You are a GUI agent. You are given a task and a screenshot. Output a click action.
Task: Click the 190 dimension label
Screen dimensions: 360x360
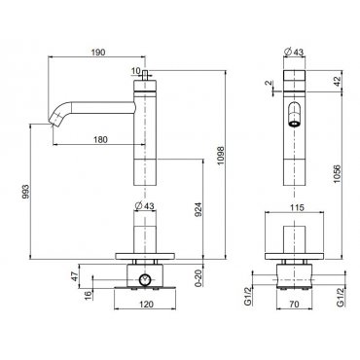[x=98, y=52]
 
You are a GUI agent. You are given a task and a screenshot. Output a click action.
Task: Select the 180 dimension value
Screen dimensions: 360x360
[x=100, y=139]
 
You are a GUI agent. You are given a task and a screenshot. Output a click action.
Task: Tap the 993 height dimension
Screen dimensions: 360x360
[x=25, y=192]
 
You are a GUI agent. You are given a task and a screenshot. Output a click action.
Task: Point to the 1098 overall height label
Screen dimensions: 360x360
[x=221, y=156]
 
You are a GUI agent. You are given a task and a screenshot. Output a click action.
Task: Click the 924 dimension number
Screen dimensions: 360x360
[x=198, y=209]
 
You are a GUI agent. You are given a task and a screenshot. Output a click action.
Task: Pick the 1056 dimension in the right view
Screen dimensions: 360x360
[x=338, y=174]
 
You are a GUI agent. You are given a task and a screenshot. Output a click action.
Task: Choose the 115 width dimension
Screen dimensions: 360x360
[x=297, y=207]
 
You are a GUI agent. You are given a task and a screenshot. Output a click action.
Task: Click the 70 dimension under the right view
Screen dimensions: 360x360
[x=295, y=305]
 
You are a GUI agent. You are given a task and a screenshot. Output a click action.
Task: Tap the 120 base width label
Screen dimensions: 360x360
[x=146, y=305]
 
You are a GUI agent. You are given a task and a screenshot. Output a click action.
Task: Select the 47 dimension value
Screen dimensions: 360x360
[x=75, y=276]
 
